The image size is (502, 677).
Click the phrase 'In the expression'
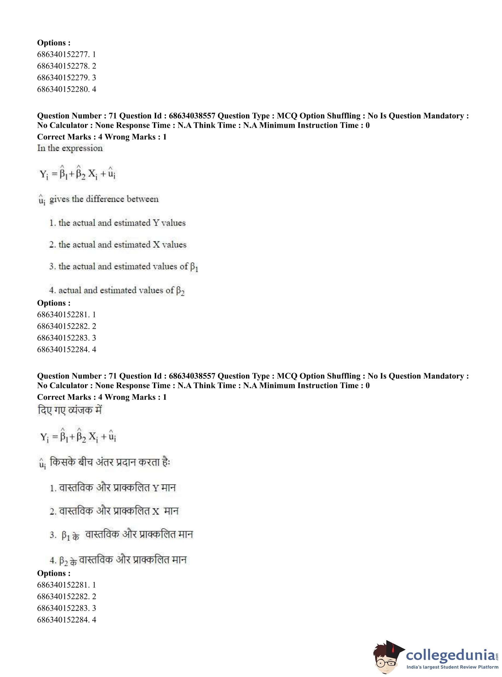pyautogui.click(x=70, y=148)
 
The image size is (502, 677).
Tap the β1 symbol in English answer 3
pyautogui.click(x=194, y=267)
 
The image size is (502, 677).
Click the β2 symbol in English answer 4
pyautogui.click(x=180, y=291)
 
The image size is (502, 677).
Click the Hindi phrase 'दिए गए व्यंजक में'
pyautogui.click(x=70, y=410)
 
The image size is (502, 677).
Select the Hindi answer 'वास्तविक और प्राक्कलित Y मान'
pyautogui.click(x=117, y=488)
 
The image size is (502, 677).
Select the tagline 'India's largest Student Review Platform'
pyautogui.click(x=452, y=667)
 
